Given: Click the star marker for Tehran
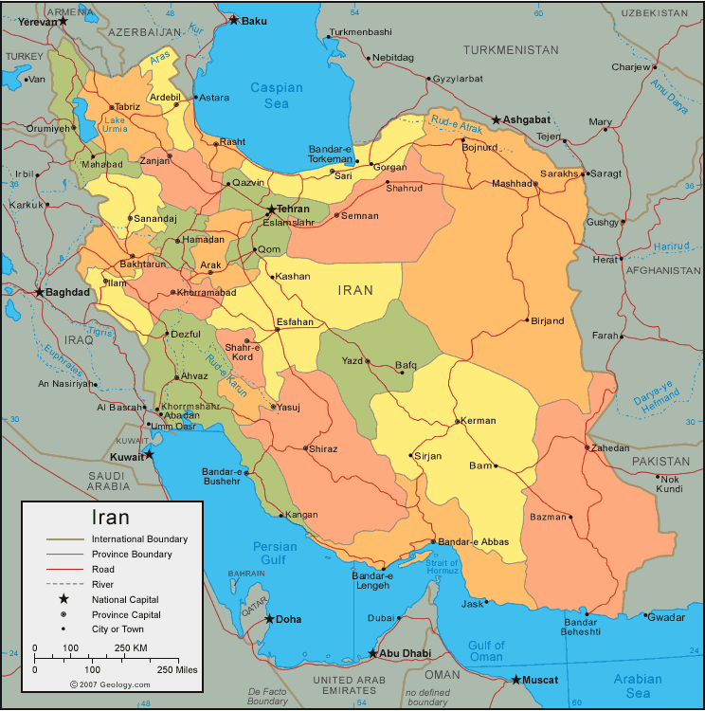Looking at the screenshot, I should point(271,210).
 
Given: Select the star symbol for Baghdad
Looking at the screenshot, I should point(39,292).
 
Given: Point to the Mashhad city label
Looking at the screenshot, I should point(513,184).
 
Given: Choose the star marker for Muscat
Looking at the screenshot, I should point(516,680).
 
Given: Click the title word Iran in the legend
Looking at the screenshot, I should point(110,518).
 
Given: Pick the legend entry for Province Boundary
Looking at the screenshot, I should point(132,554).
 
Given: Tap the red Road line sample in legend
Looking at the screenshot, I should point(64,569).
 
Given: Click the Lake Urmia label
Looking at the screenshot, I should point(115,124).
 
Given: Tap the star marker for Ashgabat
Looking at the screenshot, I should point(497,120).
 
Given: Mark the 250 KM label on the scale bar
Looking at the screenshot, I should point(131,647).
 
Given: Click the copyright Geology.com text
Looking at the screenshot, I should point(110,684).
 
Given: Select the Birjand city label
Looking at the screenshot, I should point(547,320).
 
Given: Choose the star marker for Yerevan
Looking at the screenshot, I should point(63,21).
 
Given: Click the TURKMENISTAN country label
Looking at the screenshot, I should point(511,49).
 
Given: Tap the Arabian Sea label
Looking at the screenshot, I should point(639,686).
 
